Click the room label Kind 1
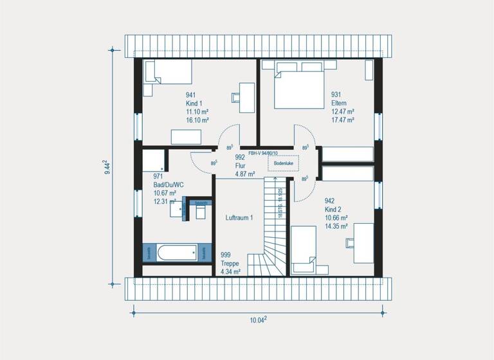[194, 103]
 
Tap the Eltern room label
[339, 103]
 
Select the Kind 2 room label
[334, 209]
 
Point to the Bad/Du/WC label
[169, 184]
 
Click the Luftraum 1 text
[239, 218]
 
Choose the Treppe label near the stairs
[230, 264]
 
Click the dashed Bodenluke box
[284, 164]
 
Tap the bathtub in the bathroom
[177, 252]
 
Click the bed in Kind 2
[303, 251]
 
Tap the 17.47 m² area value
[342, 120]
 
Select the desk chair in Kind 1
[234, 98]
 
